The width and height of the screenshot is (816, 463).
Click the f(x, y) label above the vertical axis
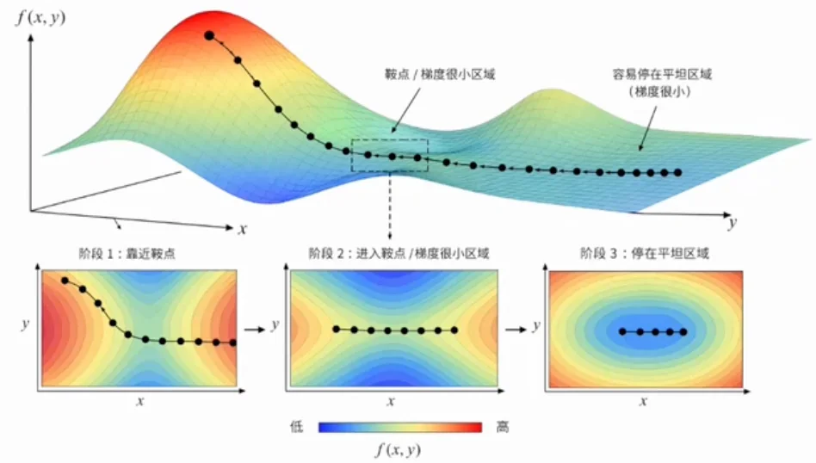tap(40, 18)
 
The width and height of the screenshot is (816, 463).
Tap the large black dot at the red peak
tap(209, 35)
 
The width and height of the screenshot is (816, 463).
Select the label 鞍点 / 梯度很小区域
tap(440, 74)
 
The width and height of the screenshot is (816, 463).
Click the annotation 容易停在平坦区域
tap(661, 74)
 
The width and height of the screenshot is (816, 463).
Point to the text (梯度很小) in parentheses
tap(659, 91)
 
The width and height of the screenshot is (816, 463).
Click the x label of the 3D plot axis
tap(243, 229)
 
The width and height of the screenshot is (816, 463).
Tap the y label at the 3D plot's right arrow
tap(733, 223)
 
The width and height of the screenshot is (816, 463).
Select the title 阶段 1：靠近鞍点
tap(127, 254)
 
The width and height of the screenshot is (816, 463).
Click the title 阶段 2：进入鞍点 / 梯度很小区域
tap(399, 254)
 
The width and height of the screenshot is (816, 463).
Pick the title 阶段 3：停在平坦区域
tap(644, 254)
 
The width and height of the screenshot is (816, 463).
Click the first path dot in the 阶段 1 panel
tap(65, 281)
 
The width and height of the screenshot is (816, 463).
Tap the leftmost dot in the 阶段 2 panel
tap(337, 330)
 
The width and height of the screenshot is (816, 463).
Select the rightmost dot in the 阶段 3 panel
tap(683, 332)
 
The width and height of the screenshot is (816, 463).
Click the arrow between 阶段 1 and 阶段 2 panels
tap(255, 330)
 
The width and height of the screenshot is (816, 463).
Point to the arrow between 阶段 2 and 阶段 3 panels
tap(516, 330)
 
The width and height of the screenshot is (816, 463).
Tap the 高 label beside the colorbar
tap(502, 427)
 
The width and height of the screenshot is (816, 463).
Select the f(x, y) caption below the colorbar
tap(399, 450)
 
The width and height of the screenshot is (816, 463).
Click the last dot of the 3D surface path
tap(677, 173)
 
